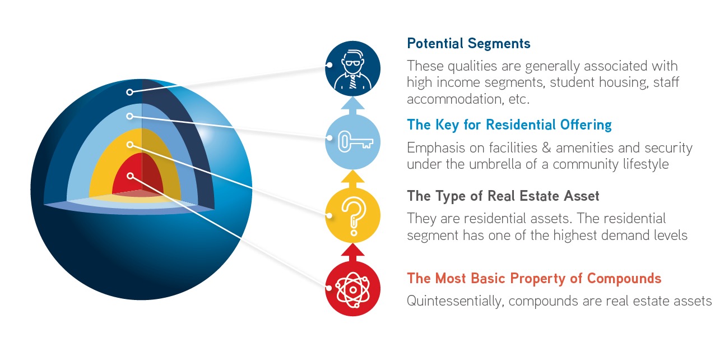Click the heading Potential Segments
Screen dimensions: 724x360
click(x=468, y=43)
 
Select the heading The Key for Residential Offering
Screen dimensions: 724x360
click(x=509, y=125)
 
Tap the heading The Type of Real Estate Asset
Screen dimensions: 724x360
click(x=503, y=196)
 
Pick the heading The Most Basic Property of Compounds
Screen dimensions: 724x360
click(x=534, y=278)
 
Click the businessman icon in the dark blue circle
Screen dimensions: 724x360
click(x=352, y=70)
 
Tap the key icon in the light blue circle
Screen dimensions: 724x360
click(x=355, y=141)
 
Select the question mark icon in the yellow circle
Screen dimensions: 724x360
click(x=354, y=216)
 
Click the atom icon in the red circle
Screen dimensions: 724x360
click(x=352, y=289)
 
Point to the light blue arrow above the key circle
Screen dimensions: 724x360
click(x=352, y=106)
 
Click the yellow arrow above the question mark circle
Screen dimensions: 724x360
click(x=352, y=179)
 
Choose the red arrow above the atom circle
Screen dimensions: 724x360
click(x=352, y=252)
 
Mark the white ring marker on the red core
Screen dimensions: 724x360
click(x=130, y=176)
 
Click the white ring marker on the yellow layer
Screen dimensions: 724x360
click(x=130, y=145)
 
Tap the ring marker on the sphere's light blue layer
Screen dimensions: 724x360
click(x=129, y=116)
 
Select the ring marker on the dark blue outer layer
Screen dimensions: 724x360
click(x=129, y=92)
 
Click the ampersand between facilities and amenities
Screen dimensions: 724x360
click(x=546, y=148)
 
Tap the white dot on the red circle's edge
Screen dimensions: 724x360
click(x=329, y=288)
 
